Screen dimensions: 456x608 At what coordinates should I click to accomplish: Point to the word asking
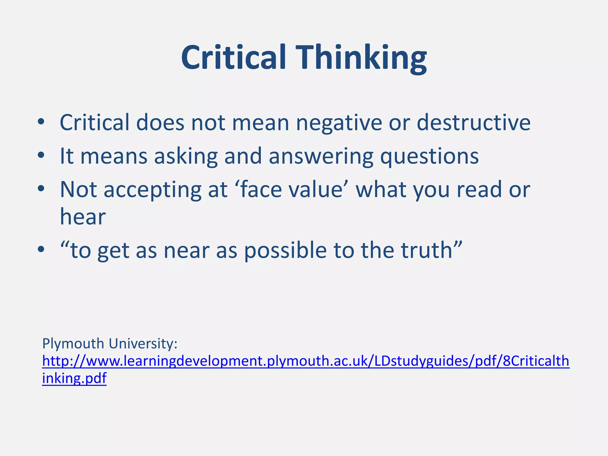point(186,156)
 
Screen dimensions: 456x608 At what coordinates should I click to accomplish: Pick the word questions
point(429,156)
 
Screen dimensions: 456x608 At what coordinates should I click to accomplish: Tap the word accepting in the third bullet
point(153,190)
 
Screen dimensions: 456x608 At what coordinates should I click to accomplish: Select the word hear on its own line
point(83,217)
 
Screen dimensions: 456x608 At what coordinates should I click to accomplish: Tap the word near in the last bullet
point(186,251)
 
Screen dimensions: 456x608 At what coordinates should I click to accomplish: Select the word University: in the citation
point(143,344)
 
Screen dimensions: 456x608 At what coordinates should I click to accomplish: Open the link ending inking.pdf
point(74,378)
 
